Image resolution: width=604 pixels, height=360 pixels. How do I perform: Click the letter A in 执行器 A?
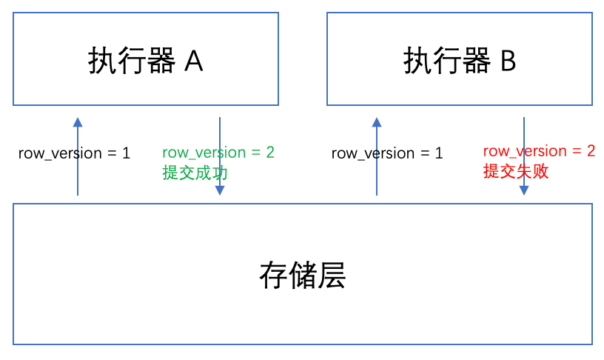[x=193, y=61]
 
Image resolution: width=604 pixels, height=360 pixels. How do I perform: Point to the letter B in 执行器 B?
[x=509, y=61]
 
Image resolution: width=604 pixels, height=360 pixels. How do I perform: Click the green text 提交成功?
[x=195, y=173]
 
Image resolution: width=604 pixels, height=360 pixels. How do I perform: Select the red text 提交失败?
[x=516, y=172]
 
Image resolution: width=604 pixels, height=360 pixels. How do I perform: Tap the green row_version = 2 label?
[x=218, y=153]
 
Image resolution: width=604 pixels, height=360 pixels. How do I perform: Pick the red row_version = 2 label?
[x=539, y=151]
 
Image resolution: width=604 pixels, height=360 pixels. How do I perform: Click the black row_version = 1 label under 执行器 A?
[x=74, y=153]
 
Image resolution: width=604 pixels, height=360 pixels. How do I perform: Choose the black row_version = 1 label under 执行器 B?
[x=387, y=153]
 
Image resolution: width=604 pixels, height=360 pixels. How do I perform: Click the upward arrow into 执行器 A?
[x=78, y=159]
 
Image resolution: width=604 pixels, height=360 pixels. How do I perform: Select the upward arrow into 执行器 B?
[x=377, y=159]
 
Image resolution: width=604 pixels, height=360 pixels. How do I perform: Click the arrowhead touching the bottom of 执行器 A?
[x=78, y=122]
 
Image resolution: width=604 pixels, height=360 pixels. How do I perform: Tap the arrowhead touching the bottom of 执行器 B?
[x=377, y=122]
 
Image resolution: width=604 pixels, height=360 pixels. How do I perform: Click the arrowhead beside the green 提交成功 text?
[x=220, y=190]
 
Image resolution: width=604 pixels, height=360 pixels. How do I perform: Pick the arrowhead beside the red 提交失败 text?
[x=524, y=190]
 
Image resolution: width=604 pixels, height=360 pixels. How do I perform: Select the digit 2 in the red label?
[x=591, y=151]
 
